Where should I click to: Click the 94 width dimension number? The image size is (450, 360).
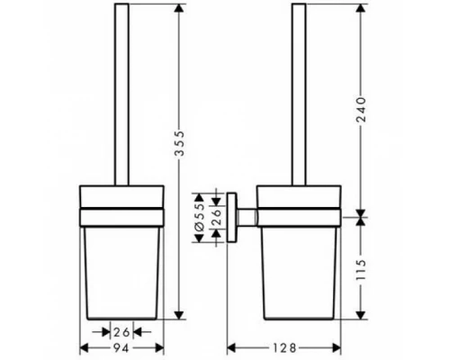(122, 346)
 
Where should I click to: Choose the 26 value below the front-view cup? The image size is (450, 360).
(122, 331)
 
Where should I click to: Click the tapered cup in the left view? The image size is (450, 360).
(122, 270)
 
